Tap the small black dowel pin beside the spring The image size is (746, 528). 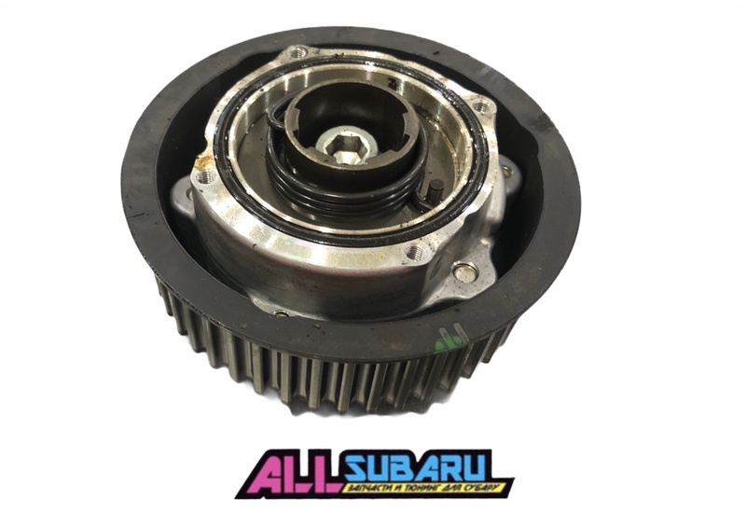click(x=435, y=189)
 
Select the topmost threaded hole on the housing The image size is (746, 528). click(x=298, y=51)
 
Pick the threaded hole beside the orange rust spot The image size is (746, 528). click(x=204, y=179)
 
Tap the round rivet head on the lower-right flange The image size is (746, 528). click(x=460, y=272)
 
